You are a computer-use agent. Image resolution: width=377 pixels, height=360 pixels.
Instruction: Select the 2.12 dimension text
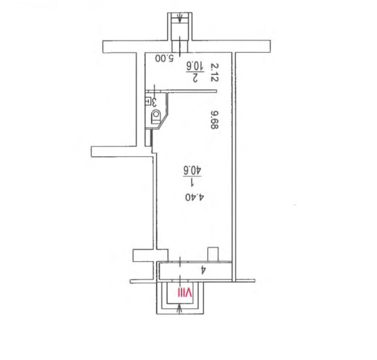(214, 72)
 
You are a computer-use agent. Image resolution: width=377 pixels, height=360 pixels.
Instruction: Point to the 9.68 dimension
(214, 120)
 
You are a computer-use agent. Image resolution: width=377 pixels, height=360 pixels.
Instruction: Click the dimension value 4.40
(195, 197)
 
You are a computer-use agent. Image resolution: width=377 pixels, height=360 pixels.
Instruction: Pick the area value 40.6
(192, 171)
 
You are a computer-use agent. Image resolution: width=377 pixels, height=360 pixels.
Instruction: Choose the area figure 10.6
(195, 66)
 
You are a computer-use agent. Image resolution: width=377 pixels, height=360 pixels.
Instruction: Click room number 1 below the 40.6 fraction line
(192, 183)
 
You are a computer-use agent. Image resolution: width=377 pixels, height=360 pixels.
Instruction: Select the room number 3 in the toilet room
(154, 102)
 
